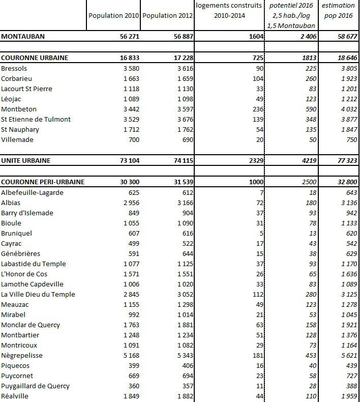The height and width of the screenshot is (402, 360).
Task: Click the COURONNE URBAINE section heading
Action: point(35,58)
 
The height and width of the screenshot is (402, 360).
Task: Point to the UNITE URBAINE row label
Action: point(26,160)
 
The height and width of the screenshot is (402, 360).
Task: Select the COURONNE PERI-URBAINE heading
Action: point(43,182)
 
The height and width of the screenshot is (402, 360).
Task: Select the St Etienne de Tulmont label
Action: point(36,119)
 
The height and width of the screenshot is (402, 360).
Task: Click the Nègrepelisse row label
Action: point(22,355)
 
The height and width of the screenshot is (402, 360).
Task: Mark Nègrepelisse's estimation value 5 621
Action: point(348,355)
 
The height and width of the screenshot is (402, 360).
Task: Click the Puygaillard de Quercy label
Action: point(34,386)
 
